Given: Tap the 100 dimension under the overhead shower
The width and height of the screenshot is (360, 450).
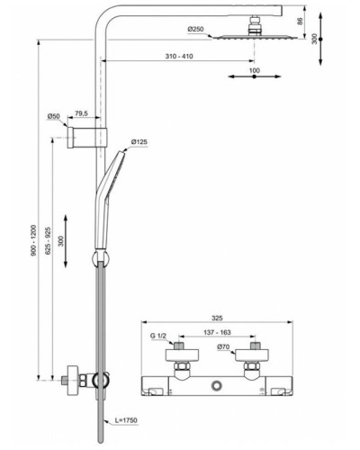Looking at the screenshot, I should (254, 70).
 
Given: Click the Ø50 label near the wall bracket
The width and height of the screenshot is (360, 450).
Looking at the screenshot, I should (54, 116).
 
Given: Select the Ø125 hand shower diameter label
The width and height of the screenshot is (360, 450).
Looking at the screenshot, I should (140, 141).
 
